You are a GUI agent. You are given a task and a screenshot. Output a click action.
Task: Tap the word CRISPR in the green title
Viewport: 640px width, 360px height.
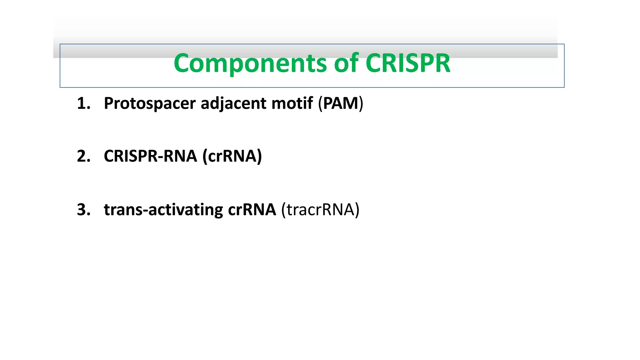click(407, 63)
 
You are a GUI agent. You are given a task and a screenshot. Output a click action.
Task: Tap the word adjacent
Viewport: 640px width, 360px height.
click(233, 103)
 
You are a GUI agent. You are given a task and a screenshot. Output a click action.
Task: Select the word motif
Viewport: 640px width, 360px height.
click(292, 103)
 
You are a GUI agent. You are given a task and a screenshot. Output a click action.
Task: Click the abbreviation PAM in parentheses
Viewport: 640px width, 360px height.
click(341, 103)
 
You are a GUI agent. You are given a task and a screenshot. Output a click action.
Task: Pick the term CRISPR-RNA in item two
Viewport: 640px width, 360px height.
click(150, 156)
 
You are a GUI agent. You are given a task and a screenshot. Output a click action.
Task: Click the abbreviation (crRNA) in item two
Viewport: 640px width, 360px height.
click(232, 156)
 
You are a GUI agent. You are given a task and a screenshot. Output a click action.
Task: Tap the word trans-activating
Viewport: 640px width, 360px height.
click(163, 210)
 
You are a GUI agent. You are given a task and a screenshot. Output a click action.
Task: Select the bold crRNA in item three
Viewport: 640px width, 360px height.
click(252, 210)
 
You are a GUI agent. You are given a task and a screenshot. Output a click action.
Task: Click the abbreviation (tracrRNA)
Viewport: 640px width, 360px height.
click(320, 210)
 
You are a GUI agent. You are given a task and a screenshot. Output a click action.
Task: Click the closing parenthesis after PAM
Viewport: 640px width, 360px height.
click(361, 104)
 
